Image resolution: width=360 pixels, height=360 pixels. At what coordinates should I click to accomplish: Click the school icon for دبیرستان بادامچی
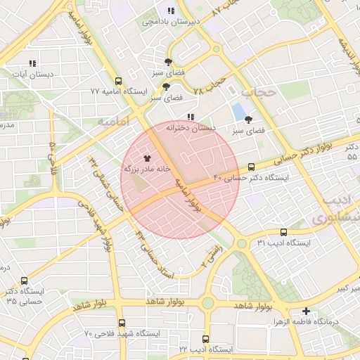coord(171,11)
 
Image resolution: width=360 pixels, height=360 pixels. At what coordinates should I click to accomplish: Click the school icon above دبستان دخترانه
coord(190,117)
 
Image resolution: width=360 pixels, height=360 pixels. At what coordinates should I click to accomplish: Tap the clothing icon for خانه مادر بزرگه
coord(147,158)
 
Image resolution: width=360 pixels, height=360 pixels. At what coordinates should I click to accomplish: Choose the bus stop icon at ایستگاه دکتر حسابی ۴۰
coord(252,167)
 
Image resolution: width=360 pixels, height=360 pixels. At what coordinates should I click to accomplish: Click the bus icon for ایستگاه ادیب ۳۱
coord(283,232)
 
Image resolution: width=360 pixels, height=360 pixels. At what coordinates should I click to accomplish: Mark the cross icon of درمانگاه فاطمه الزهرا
coord(306,310)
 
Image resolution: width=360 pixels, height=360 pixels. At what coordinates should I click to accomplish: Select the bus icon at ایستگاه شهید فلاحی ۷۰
coord(122,323)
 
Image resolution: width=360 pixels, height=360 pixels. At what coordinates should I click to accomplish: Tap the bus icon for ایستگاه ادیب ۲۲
coord(205,339)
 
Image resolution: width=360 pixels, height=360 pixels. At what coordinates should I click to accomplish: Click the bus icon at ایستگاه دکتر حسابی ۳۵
coord(25,280)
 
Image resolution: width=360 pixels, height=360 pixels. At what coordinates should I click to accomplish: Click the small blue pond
coord(239,111)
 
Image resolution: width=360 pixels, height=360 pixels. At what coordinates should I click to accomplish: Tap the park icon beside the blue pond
coord(248,120)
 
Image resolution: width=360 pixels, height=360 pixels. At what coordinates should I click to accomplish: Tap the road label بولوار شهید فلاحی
coord(107,236)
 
